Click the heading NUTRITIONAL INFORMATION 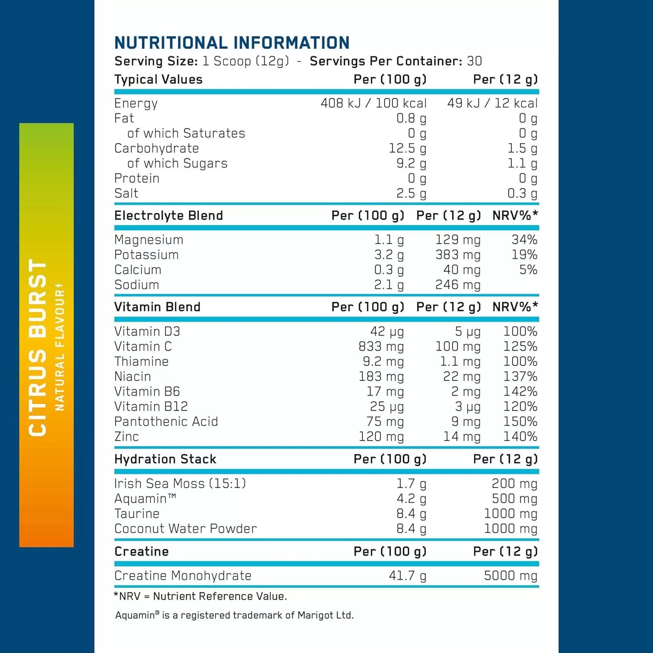(232, 43)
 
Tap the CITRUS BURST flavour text (38, 348)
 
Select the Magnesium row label (149, 240)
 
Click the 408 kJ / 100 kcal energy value (373, 103)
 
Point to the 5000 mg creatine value (510, 576)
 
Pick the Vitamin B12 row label (151, 406)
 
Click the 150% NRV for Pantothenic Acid (520, 422)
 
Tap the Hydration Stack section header (165, 459)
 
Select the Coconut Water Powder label (185, 529)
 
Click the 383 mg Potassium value (458, 255)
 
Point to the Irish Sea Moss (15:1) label (180, 484)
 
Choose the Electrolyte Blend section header (169, 216)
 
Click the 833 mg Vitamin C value (381, 347)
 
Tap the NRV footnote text (200, 597)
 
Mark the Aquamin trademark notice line (234, 615)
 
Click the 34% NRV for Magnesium (524, 240)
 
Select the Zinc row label (127, 437)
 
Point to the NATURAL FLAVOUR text (60, 348)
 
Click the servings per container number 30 (474, 61)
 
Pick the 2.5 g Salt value (411, 193)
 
